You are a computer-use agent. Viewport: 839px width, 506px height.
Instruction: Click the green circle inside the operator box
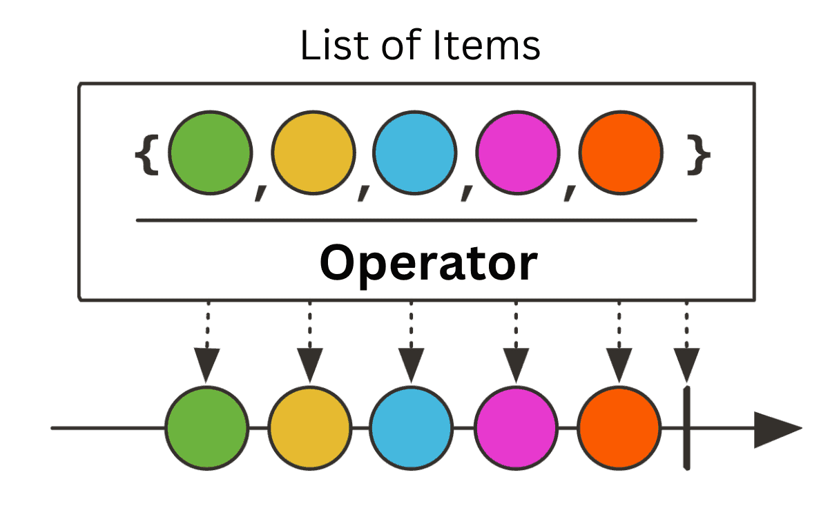(210, 153)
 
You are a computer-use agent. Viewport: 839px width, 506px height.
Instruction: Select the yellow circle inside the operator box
(313, 153)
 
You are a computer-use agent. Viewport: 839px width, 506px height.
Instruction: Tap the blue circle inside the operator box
(414, 153)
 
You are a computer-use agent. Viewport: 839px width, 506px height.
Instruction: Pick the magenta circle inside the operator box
(518, 153)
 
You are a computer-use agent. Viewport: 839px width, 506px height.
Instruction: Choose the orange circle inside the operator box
(621, 153)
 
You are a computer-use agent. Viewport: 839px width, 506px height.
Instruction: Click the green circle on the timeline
(206, 428)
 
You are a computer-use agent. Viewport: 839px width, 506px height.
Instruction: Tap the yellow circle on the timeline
(310, 428)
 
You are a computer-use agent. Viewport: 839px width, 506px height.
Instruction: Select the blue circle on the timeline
(412, 428)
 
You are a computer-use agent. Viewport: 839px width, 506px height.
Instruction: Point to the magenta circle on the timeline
(516, 428)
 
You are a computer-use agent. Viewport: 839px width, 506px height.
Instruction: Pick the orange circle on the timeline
(619, 428)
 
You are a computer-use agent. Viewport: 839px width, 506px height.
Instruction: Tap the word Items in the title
(486, 45)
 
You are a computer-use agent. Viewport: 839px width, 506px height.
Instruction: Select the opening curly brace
(147, 155)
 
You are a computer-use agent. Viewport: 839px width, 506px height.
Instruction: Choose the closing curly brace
(699, 155)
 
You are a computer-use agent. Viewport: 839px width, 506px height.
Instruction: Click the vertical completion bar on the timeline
(686, 428)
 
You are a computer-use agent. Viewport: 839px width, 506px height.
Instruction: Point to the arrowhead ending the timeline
(778, 429)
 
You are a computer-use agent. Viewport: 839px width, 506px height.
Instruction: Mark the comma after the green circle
(260, 193)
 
